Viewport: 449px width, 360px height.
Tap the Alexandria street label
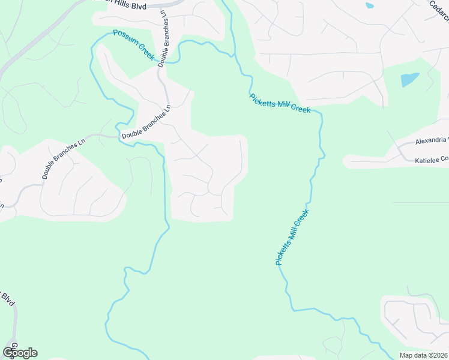[432, 141]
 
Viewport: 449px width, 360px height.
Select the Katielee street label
[432, 160]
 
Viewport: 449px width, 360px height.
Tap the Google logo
[20, 353]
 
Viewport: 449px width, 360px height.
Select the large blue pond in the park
[409, 79]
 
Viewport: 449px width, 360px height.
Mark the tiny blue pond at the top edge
[369, 5]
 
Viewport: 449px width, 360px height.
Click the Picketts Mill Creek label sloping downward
[280, 103]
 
